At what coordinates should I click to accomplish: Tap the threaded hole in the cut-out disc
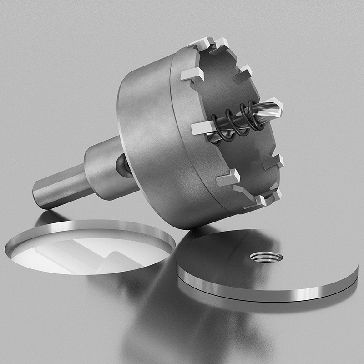click(x=266, y=258)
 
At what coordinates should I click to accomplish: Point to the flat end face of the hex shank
click(x=39, y=195)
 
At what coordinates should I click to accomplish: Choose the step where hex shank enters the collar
click(x=86, y=175)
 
